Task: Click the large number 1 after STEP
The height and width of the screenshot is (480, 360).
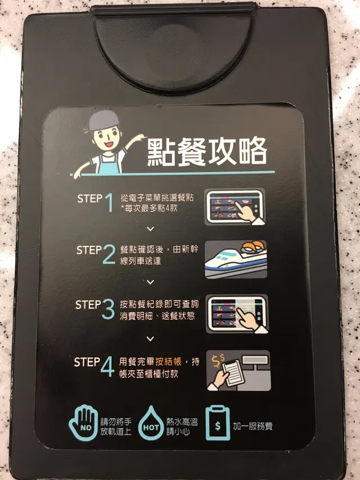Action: (x=109, y=203)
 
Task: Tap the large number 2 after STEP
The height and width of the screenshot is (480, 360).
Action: (x=109, y=254)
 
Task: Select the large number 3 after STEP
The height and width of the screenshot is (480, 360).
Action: (x=108, y=309)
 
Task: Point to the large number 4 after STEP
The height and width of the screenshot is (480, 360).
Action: (x=107, y=366)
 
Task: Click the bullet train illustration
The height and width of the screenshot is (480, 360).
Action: (x=236, y=259)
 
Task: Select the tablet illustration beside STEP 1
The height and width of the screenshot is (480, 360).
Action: (x=235, y=207)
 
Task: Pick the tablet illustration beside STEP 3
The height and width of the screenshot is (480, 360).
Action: (x=237, y=314)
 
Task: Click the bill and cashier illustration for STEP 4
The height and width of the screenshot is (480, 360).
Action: (x=238, y=371)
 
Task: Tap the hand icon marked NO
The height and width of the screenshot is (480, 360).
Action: (x=84, y=423)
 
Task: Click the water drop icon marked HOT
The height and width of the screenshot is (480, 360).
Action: (x=151, y=423)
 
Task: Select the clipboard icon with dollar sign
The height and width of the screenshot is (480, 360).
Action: (x=218, y=423)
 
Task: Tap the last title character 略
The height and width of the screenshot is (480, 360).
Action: (x=253, y=151)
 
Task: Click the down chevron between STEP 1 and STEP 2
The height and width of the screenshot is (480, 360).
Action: (x=150, y=228)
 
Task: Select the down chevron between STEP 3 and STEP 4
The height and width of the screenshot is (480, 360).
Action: (x=150, y=339)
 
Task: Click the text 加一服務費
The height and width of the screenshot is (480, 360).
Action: (x=253, y=426)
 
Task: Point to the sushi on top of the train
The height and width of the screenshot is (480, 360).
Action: (x=253, y=246)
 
